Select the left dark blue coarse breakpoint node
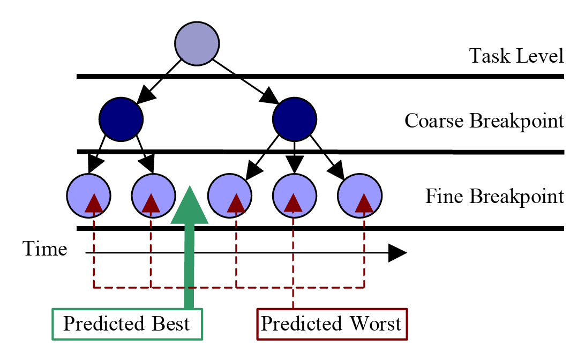point(121,119)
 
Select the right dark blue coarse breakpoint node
point(295,119)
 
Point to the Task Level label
point(516,56)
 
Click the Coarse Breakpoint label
point(484,121)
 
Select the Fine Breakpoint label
point(494,196)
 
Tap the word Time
point(44,249)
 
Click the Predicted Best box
point(127,324)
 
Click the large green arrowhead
point(189,206)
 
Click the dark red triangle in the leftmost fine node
point(94,203)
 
